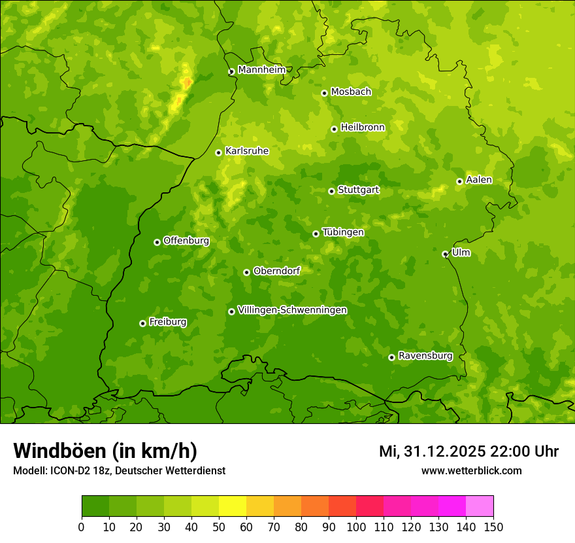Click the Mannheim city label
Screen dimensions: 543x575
coord(261,70)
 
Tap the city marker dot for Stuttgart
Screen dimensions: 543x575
coord(331,191)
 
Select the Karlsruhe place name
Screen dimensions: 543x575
coord(247,151)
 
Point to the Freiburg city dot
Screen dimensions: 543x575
coord(142,323)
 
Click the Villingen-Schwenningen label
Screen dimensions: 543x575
coord(292,310)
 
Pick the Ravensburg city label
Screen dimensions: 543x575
coord(425,356)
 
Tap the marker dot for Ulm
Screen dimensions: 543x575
coord(445,254)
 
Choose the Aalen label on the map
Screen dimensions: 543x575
coord(479,180)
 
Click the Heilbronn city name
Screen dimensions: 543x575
coord(363,128)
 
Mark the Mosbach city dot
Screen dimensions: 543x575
coord(324,93)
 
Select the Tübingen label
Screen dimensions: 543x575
coord(343,232)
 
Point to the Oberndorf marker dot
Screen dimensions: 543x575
coord(246,272)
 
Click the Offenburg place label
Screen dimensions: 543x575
coord(186,241)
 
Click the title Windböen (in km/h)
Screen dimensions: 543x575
coord(105,451)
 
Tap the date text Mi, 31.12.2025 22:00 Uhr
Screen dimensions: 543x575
coord(468,451)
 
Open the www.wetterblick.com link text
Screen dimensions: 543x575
coord(471,471)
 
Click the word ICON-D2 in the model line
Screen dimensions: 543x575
coord(69,471)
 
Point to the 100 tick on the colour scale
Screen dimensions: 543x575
coord(356,527)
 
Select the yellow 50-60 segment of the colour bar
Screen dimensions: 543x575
coord(233,506)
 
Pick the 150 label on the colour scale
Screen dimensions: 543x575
coord(493,527)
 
